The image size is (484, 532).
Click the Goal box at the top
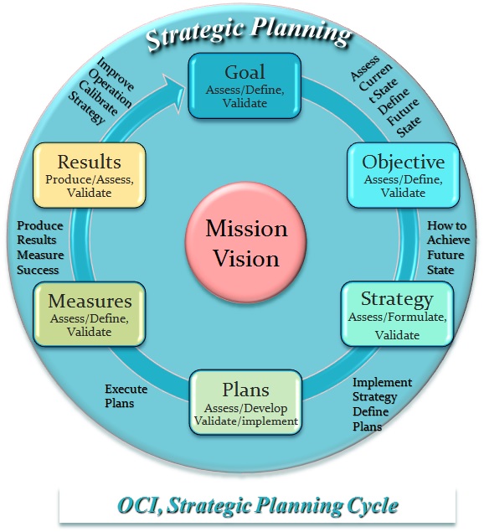tap(245, 85)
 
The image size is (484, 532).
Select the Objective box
tap(404, 175)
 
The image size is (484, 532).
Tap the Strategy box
tap(397, 314)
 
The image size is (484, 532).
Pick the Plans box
tap(245, 402)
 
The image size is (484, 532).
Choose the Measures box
tap(90, 314)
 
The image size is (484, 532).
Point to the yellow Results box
tap(90, 175)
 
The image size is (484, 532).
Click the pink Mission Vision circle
tap(245, 242)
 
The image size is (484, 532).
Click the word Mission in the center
tap(246, 228)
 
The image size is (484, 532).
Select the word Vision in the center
tap(246, 259)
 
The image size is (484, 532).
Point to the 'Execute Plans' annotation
tap(126, 396)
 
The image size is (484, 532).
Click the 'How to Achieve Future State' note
tap(448, 248)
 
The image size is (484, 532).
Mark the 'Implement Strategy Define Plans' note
tap(382, 404)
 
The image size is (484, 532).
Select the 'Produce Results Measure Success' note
tap(40, 248)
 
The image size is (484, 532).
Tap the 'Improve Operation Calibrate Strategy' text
tap(101, 90)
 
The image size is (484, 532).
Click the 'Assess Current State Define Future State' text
tap(386, 96)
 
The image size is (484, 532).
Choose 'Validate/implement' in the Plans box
tap(246, 421)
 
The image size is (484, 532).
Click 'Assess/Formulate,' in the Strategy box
tap(398, 317)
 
